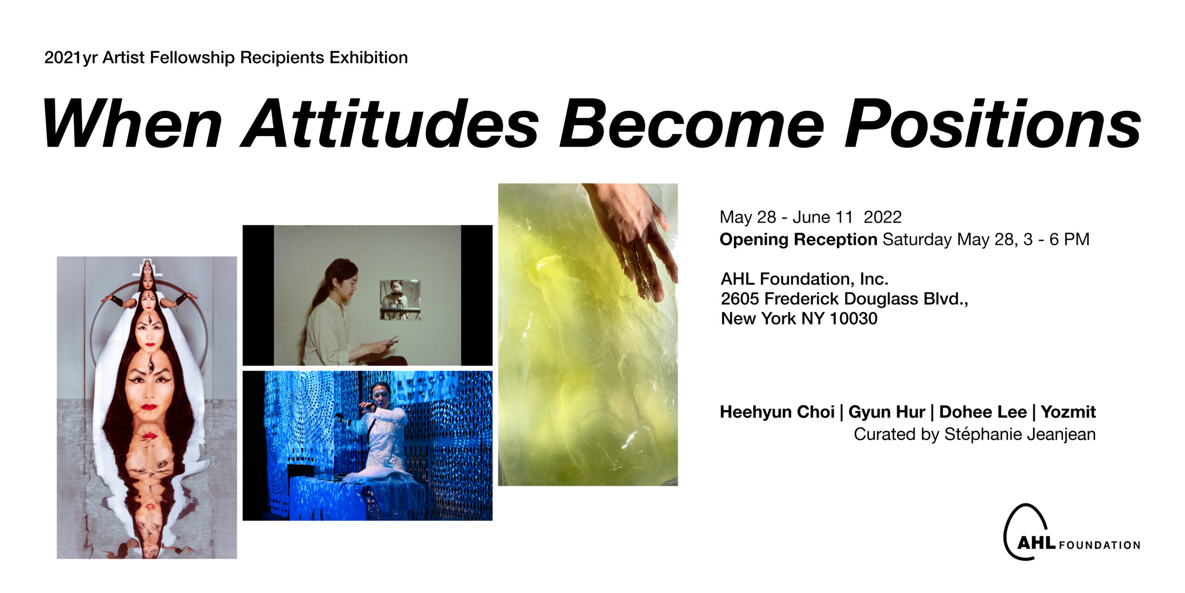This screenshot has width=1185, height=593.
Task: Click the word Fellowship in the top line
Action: pyautogui.click(x=192, y=57)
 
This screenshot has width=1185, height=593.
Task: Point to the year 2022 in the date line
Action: pyautogui.click(x=883, y=217)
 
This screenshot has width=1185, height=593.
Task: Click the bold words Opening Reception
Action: pyautogui.click(x=798, y=240)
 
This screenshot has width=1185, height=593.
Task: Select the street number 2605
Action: pyautogui.click(x=740, y=299)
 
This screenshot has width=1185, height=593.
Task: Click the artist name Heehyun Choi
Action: pyautogui.click(x=777, y=412)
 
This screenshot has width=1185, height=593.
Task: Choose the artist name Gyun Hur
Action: pyautogui.click(x=887, y=412)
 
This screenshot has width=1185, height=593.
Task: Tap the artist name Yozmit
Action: pyautogui.click(x=1068, y=412)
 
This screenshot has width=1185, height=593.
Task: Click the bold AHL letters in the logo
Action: pyautogui.click(x=1037, y=543)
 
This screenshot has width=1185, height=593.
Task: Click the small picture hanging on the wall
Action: pyautogui.click(x=400, y=300)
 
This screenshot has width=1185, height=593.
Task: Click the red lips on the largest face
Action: pyautogui.click(x=149, y=407)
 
